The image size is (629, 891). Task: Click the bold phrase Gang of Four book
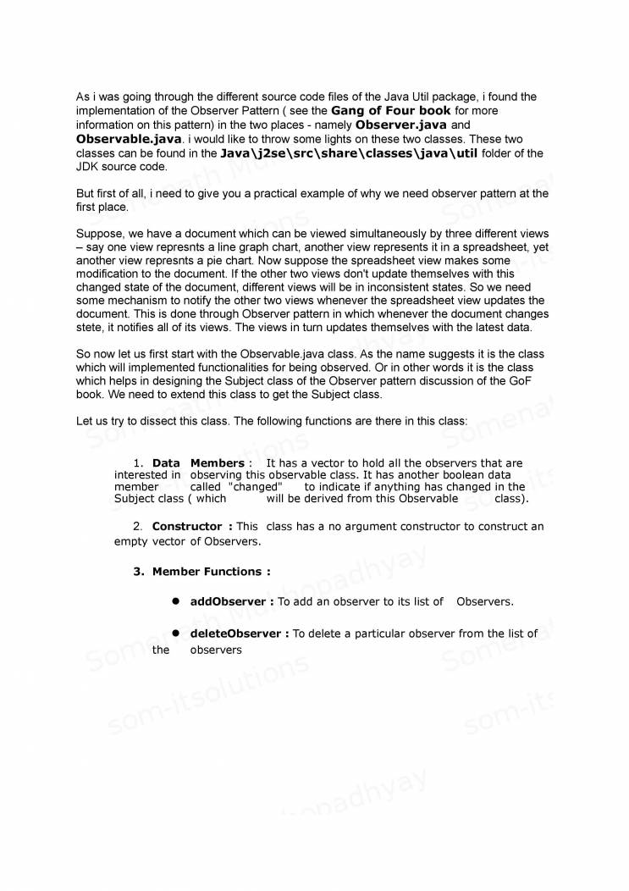click(x=390, y=111)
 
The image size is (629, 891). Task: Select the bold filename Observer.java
click(x=398, y=125)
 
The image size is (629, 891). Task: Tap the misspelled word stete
click(x=91, y=327)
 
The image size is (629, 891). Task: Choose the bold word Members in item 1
click(x=217, y=463)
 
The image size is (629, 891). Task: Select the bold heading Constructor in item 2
click(x=187, y=527)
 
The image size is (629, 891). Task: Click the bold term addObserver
click(x=230, y=601)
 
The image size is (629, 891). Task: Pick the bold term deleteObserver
click(x=237, y=634)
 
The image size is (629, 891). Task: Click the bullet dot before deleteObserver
click(x=177, y=633)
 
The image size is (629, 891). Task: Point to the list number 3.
click(x=139, y=572)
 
